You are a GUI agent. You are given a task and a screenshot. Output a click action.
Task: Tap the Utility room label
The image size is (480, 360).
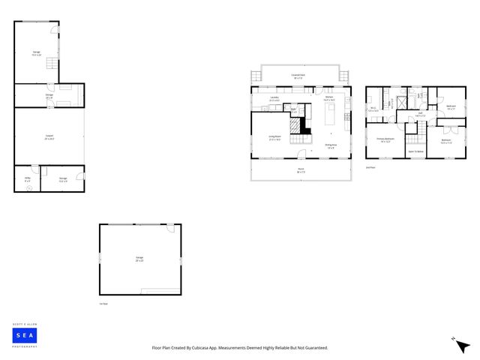tap(27, 178)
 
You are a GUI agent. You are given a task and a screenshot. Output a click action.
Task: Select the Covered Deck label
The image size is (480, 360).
tap(297, 76)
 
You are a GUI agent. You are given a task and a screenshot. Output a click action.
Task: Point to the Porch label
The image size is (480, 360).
tap(301, 169)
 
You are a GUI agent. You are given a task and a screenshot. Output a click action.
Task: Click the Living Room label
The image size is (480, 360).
tap(275, 137)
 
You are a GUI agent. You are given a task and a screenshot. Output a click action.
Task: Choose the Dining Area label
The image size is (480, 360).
tap(330, 146)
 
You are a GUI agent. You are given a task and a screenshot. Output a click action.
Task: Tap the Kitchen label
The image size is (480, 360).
tap(329, 97)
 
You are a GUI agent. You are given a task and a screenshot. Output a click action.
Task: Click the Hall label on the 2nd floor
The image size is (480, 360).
tap(421, 115)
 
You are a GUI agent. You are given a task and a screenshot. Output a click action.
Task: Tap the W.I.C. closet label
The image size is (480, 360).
tap(373, 109)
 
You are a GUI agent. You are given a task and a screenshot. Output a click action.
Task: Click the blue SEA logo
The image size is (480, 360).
tap(25, 335)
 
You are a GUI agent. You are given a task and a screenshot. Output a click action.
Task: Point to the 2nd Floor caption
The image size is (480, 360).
tap(369, 167)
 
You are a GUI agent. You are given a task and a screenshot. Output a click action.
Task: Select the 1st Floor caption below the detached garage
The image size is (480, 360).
tap(103, 304)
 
